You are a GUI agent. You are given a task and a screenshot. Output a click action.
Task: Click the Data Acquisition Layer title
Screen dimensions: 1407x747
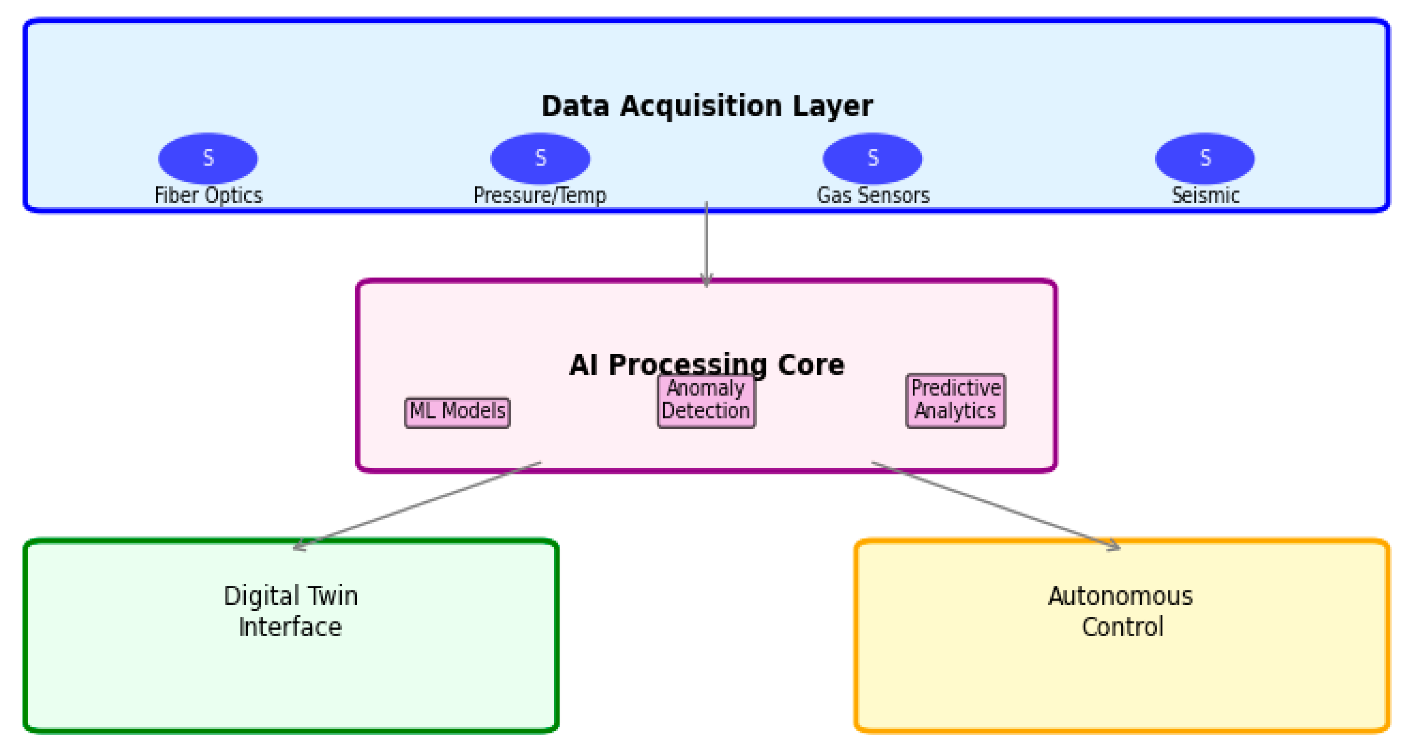[x=707, y=106]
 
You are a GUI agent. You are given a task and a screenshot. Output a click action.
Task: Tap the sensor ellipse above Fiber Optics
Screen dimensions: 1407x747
[x=208, y=158]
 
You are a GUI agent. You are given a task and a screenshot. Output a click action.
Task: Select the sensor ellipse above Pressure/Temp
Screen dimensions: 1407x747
[x=540, y=158]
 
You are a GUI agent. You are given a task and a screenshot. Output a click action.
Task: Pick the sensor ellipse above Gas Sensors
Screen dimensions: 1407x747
[x=873, y=158]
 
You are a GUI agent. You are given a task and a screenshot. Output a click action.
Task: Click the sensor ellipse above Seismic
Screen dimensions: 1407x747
[x=1205, y=158]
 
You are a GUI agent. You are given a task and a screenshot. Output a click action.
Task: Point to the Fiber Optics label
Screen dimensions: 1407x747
[x=209, y=195]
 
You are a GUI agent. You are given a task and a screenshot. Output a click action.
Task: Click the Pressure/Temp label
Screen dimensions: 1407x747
[x=540, y=195]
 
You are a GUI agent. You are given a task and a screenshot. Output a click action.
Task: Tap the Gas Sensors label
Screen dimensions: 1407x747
[x=873, y=195]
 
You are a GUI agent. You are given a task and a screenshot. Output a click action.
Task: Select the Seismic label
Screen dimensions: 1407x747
[x=1205, y=195]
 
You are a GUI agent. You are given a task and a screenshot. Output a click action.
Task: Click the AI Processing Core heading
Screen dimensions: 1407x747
[x=707, y=365]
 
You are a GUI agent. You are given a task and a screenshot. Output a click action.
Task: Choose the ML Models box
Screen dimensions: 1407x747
[x=457, y=412]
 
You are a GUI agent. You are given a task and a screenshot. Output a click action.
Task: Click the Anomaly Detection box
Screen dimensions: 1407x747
[x=707, y=401]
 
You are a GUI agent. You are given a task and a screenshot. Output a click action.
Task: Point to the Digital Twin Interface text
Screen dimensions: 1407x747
[x=290, y=611]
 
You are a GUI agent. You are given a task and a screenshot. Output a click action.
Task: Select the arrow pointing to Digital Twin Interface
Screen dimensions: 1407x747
[x=417, y=506]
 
